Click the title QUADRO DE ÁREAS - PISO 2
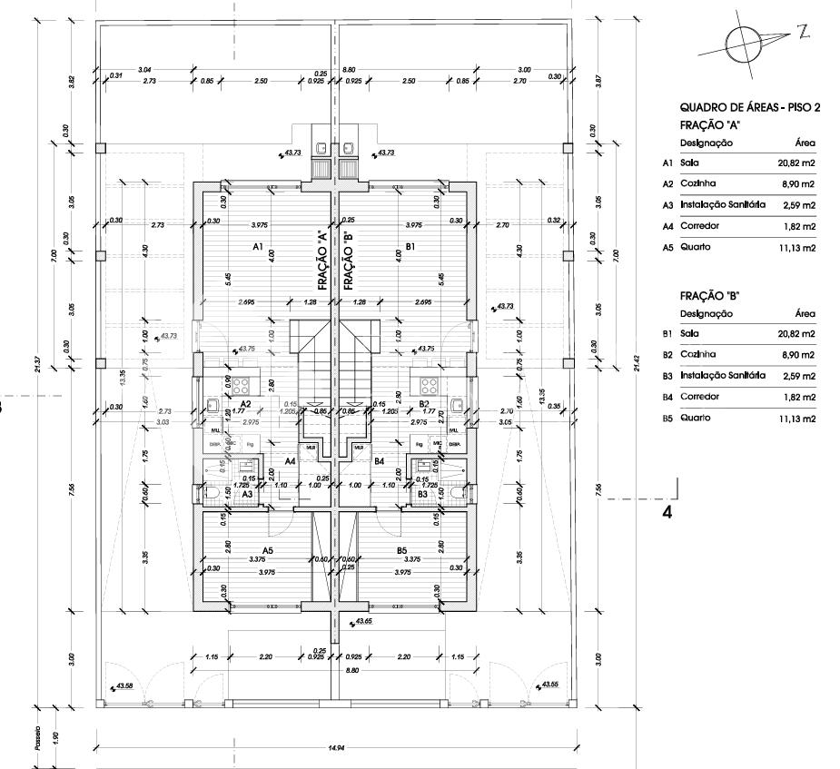(749, 108)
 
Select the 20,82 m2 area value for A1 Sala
(796, 163)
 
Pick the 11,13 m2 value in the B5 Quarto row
(796, 419)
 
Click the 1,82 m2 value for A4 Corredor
(799, 226)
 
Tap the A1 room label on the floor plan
(257, 246)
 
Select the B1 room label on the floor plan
(410, 246)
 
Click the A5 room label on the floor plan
(268, 550)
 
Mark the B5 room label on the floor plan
(401, 550)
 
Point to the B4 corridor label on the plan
(379, 461)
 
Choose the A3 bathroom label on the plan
(247, 493)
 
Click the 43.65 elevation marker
(363, 621)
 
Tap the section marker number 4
(667, 511)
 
